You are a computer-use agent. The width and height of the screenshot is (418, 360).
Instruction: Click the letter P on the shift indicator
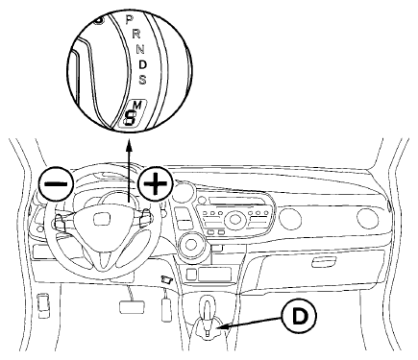[x=129, y=19]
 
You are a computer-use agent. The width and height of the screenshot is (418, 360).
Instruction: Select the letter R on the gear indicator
[x=136, y=33]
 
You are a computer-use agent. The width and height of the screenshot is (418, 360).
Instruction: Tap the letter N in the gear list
[x=140, y=49]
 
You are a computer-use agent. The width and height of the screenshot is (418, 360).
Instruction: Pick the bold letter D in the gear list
[x=143, y=64]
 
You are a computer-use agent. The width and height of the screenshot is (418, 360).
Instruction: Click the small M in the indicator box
[x=137, y=105]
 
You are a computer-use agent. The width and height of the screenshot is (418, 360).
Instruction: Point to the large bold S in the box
[x=130, y=117]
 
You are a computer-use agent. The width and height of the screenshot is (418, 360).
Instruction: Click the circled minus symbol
[x=56, y=183]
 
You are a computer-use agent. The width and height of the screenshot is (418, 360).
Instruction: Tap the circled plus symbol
[x=155, y=183]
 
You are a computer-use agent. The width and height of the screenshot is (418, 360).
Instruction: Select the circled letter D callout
[x=299, y=316]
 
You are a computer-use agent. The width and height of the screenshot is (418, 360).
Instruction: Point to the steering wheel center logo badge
[x=102, y=219]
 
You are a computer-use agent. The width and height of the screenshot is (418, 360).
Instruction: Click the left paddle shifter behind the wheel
[x=61, y=221]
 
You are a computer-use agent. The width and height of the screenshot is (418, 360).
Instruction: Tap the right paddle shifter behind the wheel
[x=146, y=216]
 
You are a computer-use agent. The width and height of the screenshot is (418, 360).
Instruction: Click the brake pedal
[x=131, y=307]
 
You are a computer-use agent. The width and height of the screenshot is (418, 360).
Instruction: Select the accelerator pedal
[x=166, y=308]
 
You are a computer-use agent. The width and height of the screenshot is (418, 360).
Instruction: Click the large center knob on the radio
[x=235, y=220]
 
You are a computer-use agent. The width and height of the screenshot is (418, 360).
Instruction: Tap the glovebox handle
[x=324, y=262]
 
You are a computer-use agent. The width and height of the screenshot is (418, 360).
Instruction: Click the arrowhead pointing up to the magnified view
[x=129, y=146]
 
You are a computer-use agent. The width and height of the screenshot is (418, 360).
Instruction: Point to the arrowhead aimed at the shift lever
[x=223, y=326]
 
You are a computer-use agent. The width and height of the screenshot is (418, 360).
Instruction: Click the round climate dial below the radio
[x=192, y=245]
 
